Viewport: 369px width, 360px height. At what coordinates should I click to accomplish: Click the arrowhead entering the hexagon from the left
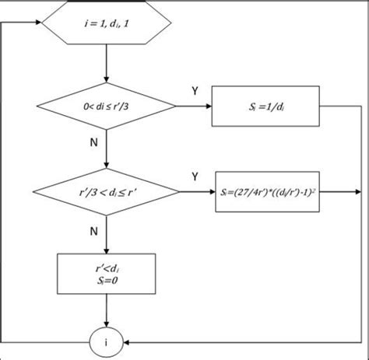coord(36,23)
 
